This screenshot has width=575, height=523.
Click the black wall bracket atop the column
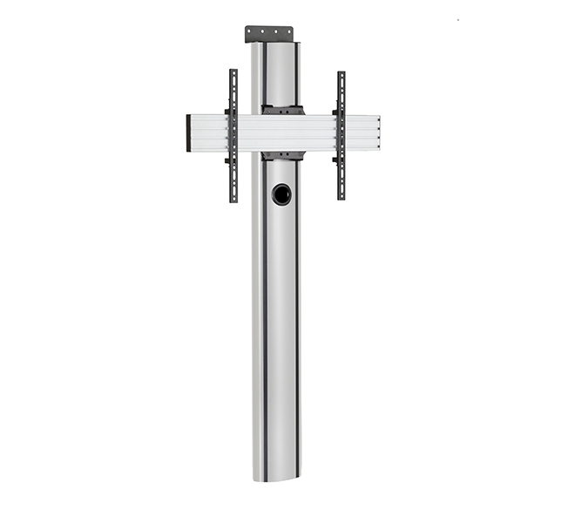[x=268, y=34]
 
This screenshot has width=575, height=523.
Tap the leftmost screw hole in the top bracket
[x=253, y=31]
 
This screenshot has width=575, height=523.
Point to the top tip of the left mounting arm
[x=233, y=71]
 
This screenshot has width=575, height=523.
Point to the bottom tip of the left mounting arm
[x=233, y=200]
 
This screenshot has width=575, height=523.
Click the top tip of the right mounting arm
[x=341, y=73]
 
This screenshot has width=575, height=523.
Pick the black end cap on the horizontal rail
[x=189, y=132]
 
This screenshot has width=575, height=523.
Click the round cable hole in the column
[x=281, y=194]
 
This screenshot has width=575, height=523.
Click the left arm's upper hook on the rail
[x=228, y=112]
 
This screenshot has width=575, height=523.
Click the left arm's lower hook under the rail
[x=228, y=160]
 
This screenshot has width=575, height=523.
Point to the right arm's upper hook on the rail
[x=335, y=112]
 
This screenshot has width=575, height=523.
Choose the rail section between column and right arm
[x=319, y=132]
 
